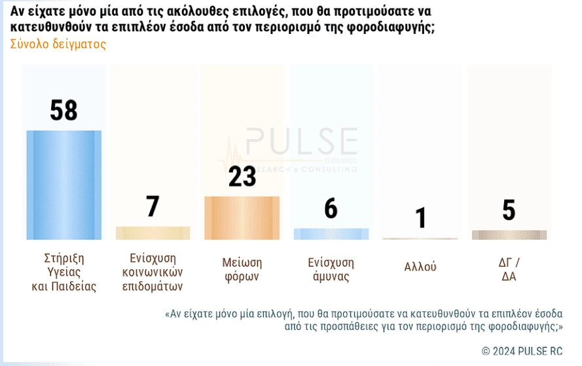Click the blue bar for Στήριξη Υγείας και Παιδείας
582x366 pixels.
pyautogui.click(x=64, y=185)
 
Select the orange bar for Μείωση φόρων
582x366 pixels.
pyautogui.click(x=242, y=218)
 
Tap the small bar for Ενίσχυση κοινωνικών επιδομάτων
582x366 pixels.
pyautogui.click(x=153, y=233)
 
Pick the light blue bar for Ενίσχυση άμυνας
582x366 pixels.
pyautogui.click(x=331, y=234)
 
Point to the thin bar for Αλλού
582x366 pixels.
pyautogui.click(x=420, y=239)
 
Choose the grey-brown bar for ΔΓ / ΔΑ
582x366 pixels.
pyautogui.click(x=509, y=235)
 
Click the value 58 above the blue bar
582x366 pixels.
pyautogui.click(x=64, y=111)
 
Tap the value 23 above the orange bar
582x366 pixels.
pyautogui.click(x=242, y=176)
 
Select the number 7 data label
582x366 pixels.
pyautogui.click(x=153, y=207)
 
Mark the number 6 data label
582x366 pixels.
pyautogui.click(x=331, y=209)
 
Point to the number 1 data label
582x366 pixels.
pyautogui.click(x=420, y=218)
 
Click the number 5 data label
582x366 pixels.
pyautogui.click(x=509, y=210)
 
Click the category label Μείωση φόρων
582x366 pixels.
pyautogui.click(x=242, y=269)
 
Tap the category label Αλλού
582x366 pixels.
pyautogui.click(x=420, y=267)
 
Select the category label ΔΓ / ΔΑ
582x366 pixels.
pyautogui.click(x=509, y=269)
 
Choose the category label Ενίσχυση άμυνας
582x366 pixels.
pyautogui.click(x=331, y=269)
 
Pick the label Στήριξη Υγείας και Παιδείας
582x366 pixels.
pyautogui.click(x=64, y=271)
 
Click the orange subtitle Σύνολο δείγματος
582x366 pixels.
pyautogui.click(x=58, y=44)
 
